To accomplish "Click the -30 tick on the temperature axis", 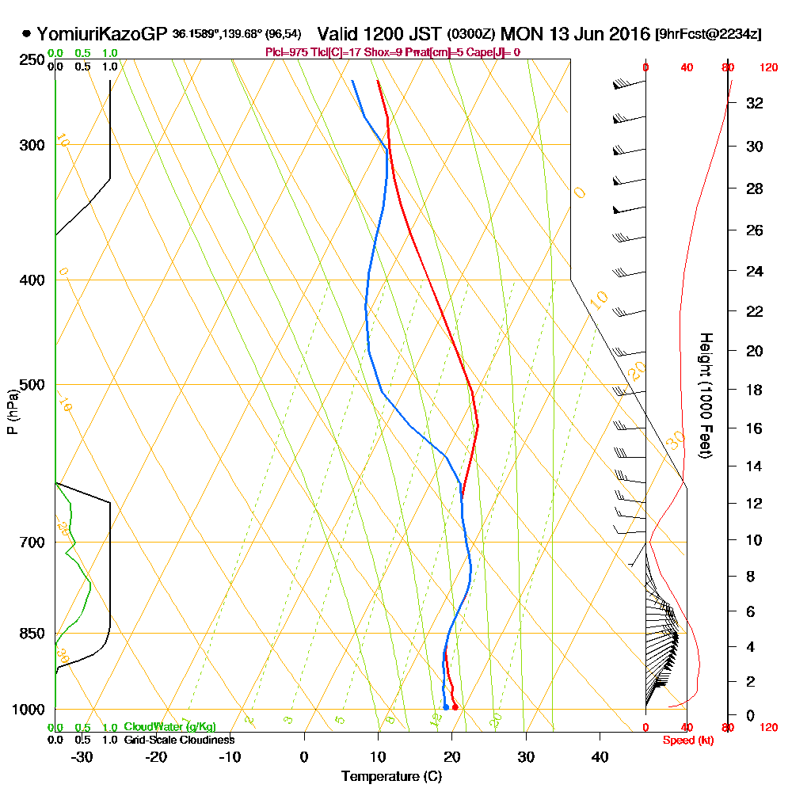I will [82, 756].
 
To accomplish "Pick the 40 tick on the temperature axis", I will [600, 756].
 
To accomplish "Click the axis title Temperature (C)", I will [391, 776].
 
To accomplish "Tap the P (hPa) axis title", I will [12, 411].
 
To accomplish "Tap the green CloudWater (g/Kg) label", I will [169, 727].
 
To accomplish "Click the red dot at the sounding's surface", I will [455, 706].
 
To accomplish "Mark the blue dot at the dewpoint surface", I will [446, 706].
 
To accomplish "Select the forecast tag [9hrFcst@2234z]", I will [709, 35].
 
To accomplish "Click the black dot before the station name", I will [26, 34].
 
